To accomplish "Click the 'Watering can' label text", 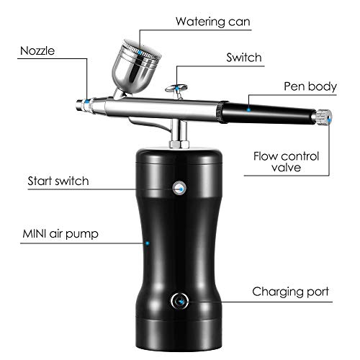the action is click(213, 22).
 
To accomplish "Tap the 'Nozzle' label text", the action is click(37, 51).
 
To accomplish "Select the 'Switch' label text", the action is click(244, 58).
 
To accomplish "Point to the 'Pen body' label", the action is click(310, 86).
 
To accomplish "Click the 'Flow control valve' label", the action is click(287, 162).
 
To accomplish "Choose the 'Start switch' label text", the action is click(58, 181).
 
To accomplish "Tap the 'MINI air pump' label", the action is click(60, 234).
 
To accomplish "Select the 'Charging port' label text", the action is click(290, 292).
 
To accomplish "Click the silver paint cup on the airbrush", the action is click(135, 67).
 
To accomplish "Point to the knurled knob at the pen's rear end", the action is click(322, 117).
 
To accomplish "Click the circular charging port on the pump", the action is click(179, 301).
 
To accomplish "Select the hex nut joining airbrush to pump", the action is click(179, 145).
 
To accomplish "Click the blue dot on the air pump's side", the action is click(148, 243).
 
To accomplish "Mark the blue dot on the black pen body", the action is click(249, 109).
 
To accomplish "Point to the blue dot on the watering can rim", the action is click(140, 51).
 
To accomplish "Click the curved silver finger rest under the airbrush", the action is click(150, 125).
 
